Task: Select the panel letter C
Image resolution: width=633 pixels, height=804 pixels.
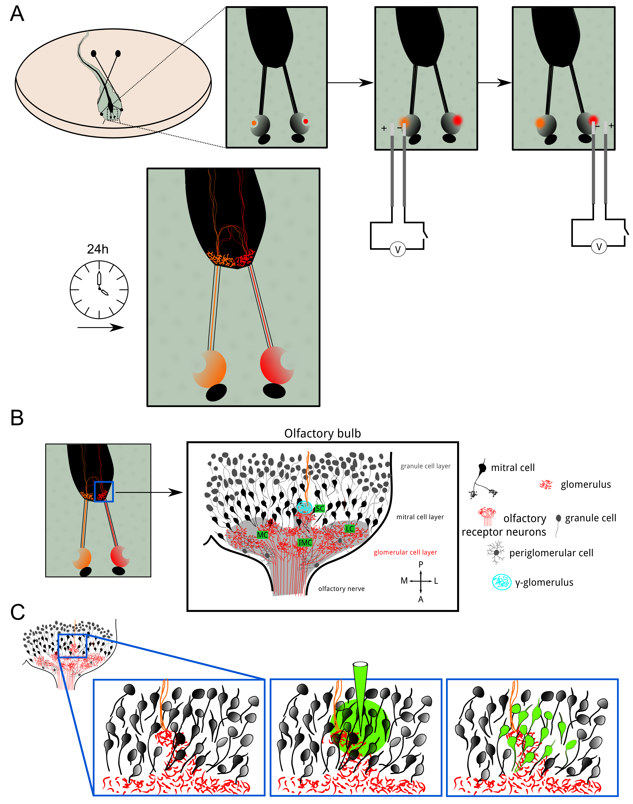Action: click(x=17, y=612)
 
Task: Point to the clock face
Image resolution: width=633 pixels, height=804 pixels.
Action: click(x=99, y=290)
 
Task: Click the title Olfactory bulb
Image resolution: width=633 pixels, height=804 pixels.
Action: click(x=322, y=433)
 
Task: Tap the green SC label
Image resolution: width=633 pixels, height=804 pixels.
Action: click(x=319, y=509)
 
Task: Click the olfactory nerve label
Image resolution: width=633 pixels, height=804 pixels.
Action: click(x=341, y=589)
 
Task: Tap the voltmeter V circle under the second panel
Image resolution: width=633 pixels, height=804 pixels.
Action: click(x=398, y=249)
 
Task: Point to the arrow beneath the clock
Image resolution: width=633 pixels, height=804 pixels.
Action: click(x=101, y=327)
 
